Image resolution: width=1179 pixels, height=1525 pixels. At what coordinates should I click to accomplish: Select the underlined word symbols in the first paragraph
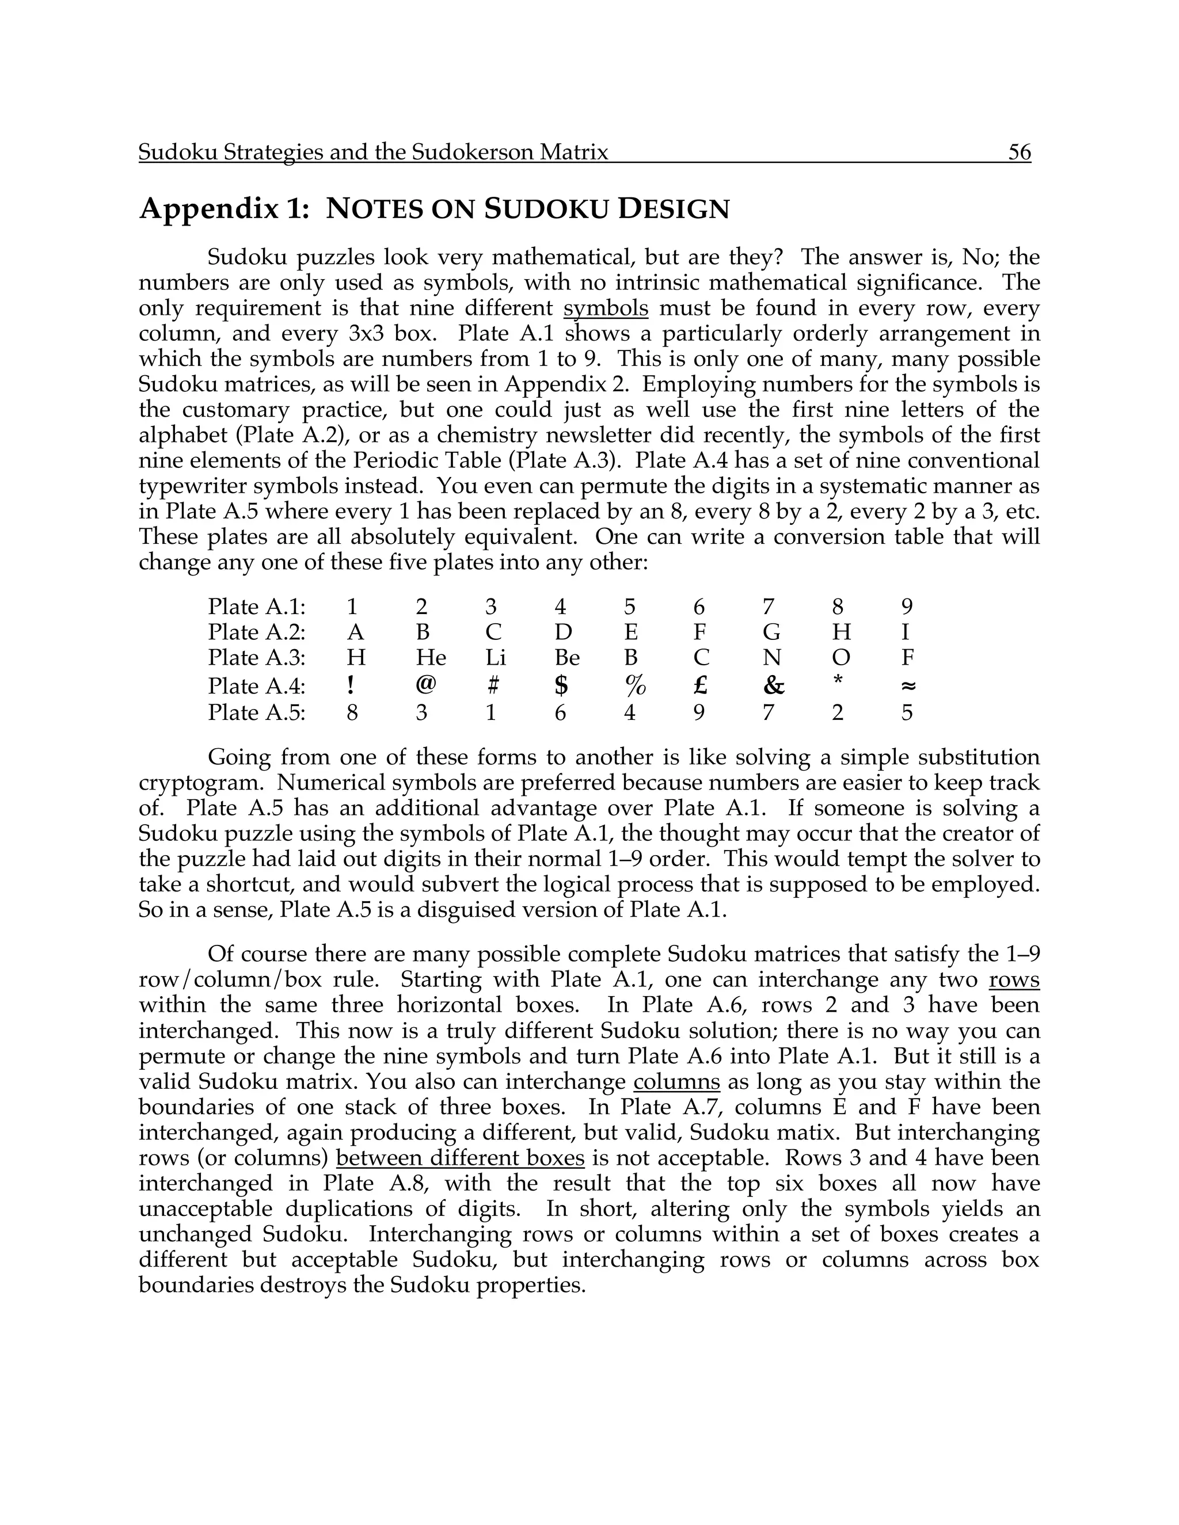point(606,308)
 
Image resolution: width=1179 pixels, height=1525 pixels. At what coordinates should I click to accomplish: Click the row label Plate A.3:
point(256,658)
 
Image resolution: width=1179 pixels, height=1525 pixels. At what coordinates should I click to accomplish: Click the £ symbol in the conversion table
point(700,686)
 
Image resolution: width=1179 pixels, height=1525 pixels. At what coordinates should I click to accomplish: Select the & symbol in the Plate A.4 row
point(773,686)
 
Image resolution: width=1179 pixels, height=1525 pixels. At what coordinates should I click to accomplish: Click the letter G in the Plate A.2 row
point(771,632)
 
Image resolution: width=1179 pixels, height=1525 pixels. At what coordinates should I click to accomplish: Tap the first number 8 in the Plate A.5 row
point(353,713)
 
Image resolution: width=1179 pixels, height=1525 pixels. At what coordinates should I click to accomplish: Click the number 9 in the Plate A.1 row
point(907,607)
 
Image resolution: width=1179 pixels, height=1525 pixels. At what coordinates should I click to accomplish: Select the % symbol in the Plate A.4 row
point(635,686)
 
